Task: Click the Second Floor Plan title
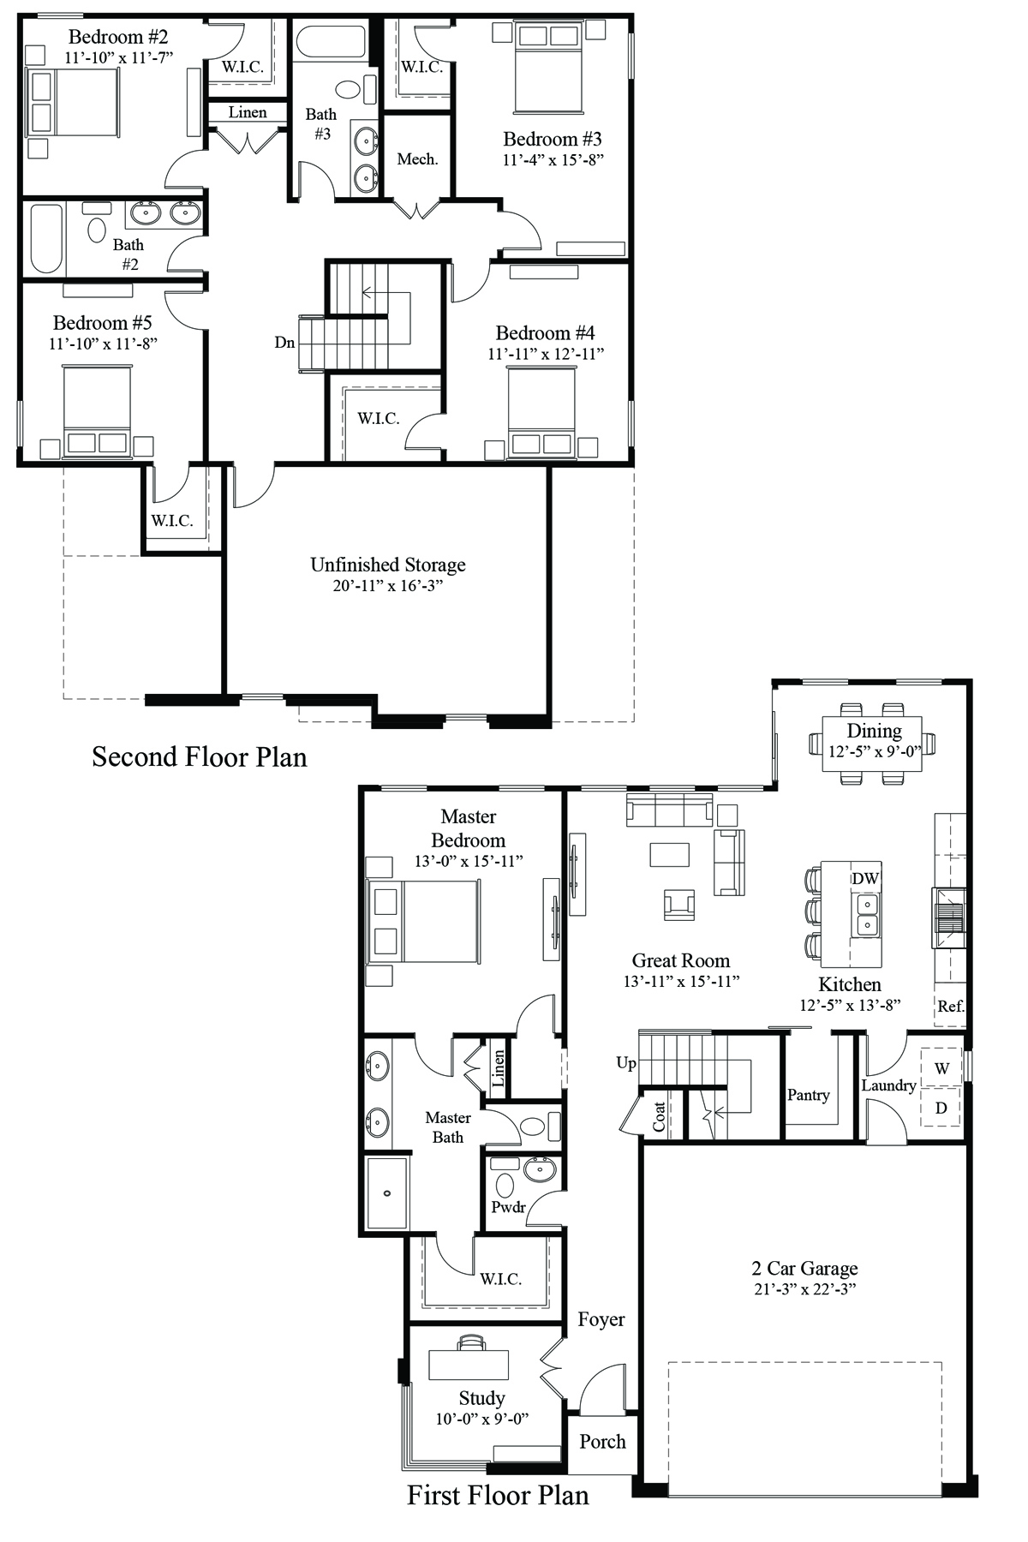point(200,757)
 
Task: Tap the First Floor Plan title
point(498,1495)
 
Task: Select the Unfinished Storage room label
point(388,565)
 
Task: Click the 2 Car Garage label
point(804,1268)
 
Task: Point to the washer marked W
point(941,1068)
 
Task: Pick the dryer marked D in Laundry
point(941,1108)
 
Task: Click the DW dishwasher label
point(864,878)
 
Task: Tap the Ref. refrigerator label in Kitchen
point(951,1007)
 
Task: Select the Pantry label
point(809,1095)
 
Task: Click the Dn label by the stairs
point(284,343)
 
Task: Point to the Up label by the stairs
point(626,1063)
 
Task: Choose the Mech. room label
point(417,159)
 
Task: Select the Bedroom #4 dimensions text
point(547,354)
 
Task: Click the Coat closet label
point(660,1117)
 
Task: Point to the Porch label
point(602,1442)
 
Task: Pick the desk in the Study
point(469,1364)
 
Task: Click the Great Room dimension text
point(681,982)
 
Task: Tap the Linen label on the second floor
point(248,112)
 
